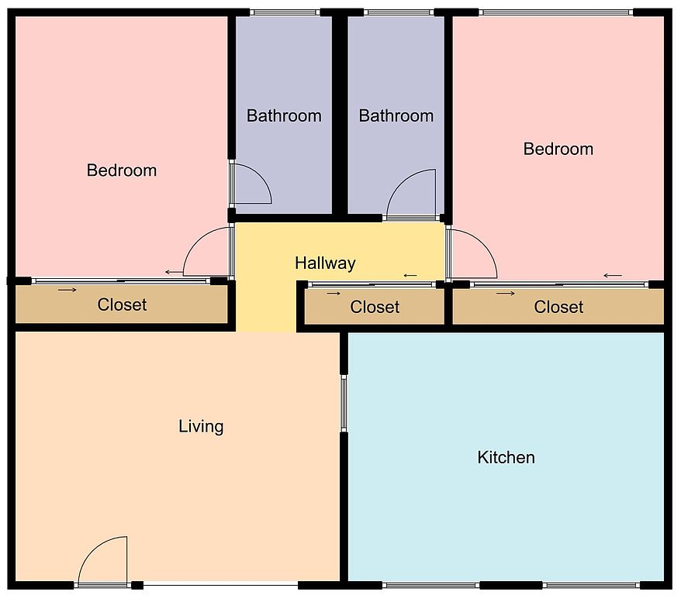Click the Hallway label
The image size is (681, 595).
pyautogui.click(x=325, y=263)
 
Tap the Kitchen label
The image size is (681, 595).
pyautogui.click(x=506, y=458)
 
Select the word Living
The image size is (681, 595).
pyautogui.click(x=201, y=426)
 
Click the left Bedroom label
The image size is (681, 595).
pyautogui.click(x=122, y=170)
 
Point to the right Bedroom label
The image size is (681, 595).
pyautogui.click(x=558, y=149)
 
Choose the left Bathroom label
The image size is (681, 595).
pyautogui.click(x=284, y=115)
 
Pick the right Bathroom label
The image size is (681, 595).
pyautogui.click(x=396, y=115)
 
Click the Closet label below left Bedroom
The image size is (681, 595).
pyautogui.click(x=122, y=304)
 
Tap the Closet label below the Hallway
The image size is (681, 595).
pyautogui.click(x=375, y=307)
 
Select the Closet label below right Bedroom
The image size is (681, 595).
pyautogui.click(x=558, y=307)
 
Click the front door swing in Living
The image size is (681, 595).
pyautogui.click(x=92, y=549)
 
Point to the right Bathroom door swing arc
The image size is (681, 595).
pyautogui.click(x=400, y=182)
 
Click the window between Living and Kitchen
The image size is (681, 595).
pyautogui.click(x=344, y=404)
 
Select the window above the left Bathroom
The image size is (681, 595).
pyautogui.click(x=285, y=12)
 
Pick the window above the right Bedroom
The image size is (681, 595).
pyautogui.click(x=555, y=12)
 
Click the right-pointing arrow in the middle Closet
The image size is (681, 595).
pyautogui.click(x=334, y=294)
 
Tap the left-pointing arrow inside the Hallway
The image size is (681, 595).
pyautogui.click(x=410, y=275)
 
